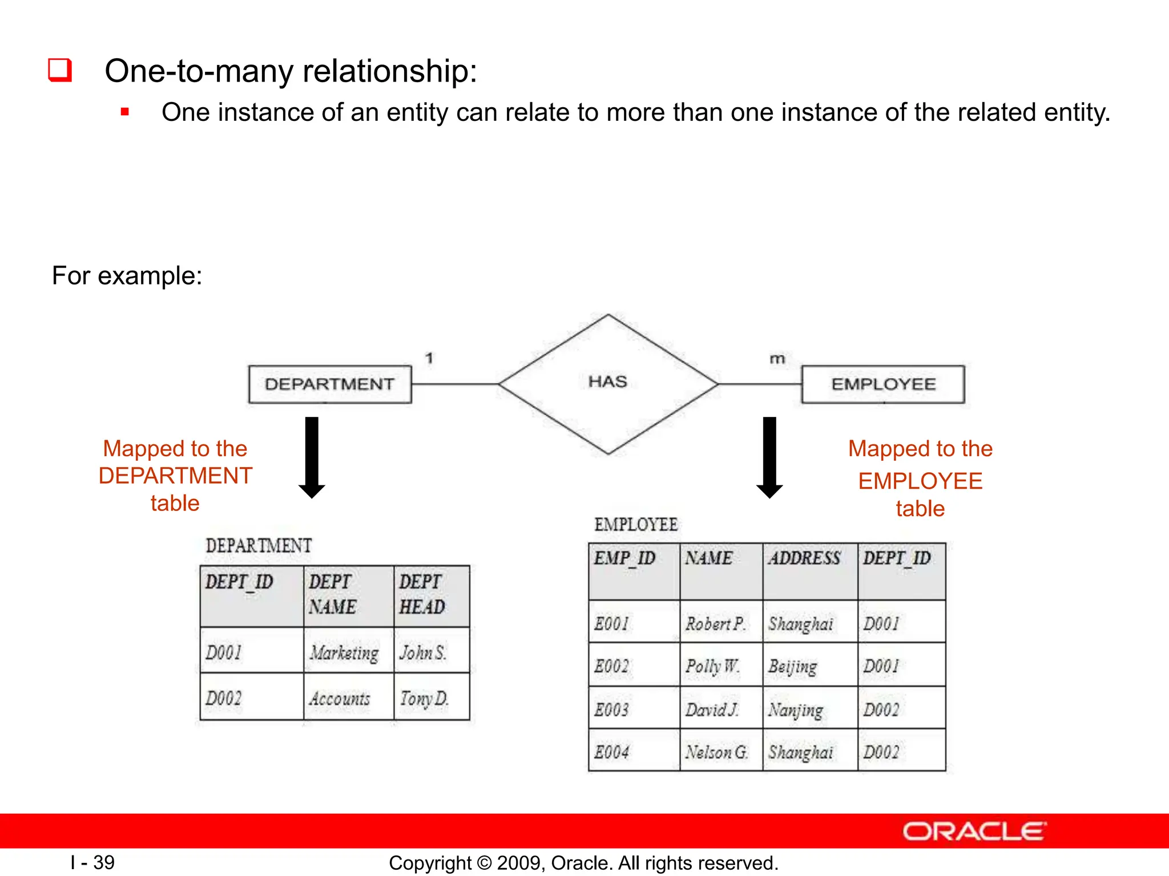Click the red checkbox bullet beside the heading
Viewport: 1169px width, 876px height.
pos(60,70)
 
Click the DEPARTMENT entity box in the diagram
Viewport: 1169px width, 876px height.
pos(329,384)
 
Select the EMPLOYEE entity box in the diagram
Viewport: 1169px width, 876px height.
pos(882,384)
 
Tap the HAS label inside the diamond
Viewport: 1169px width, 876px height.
pos(607,382)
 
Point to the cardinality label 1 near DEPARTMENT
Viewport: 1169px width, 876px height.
pos(429,358)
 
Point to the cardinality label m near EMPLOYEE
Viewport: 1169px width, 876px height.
pos(777,359)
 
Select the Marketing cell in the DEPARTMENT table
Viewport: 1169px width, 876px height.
pos(344,652)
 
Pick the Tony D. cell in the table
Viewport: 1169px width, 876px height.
pos(424,697)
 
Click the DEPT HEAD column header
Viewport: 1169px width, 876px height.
pos(422,594)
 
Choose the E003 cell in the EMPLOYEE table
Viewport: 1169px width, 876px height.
pos(612,709)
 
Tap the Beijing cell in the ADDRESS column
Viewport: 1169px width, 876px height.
pos(793,666)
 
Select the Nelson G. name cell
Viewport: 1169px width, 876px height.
pos(717,752)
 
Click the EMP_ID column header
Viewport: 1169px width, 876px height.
pos(625,558)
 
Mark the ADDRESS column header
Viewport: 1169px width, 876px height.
pos(804,558)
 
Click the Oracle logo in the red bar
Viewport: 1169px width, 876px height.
pos(974,831)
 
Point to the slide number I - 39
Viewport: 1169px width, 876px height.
pos(92,862)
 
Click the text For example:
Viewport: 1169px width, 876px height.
pos(127,275)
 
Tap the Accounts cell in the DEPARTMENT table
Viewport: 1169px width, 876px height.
pos(340,697)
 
